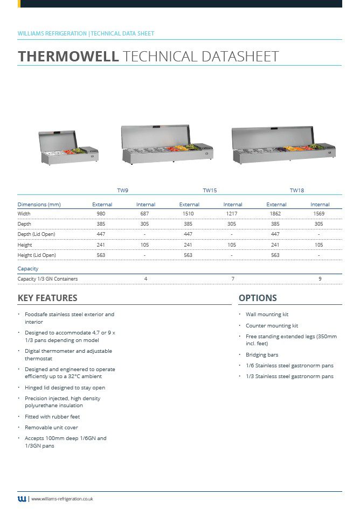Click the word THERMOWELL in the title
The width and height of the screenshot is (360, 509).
click(68, 56)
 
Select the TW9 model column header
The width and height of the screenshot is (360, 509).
click(123, 191)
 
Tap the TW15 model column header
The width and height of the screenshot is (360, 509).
click(210, 191)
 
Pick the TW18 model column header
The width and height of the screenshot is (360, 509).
click(297, 191)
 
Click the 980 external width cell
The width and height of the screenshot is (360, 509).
click(101, 214)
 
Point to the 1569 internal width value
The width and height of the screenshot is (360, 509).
click(319, 214)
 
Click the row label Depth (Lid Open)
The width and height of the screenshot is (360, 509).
click(36, 234)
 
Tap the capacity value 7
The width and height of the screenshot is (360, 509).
click(233, 279)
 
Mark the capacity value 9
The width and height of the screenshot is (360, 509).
click(320, 279)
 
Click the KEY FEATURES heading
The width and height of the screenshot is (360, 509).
click(47, 298)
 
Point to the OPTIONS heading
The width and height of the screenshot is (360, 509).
click(258, 298)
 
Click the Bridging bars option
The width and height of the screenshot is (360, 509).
click(262, 355)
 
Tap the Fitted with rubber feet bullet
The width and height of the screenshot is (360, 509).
click(52, 417)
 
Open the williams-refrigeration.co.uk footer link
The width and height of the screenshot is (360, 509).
click(63, 499)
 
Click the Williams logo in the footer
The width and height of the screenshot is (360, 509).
click(22, 499)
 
